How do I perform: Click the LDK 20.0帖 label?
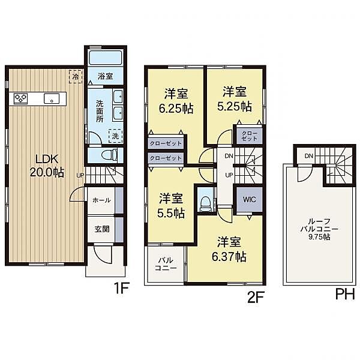coord(47,166)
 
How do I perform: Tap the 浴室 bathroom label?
coord(105,76)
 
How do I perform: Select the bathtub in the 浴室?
coord(105,58)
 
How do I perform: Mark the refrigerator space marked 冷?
coord(76,76)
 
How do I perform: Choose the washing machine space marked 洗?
coord(115,136)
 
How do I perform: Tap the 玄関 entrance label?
coord(102,229)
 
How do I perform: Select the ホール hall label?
coord(101,200)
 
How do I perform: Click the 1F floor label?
coord(122,288)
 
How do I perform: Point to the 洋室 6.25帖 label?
coord(176,100)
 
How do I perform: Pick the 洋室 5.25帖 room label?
coord(235,99)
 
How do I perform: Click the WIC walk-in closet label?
coord(250,199)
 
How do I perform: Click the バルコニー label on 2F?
coord(166,264)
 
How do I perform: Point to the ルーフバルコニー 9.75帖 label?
coord(319,229)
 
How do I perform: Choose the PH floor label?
coord(346,295)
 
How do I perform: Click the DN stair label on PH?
coord(309,156)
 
